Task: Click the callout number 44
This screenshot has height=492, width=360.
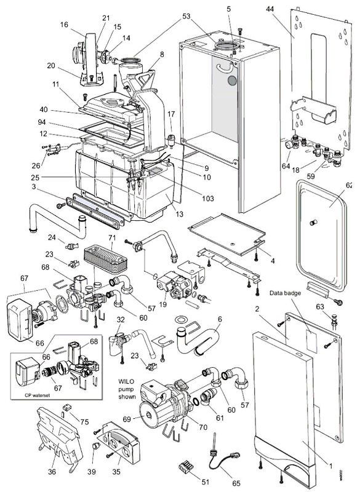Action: pos(287,10)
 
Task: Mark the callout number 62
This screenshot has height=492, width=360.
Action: pos(349,185)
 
